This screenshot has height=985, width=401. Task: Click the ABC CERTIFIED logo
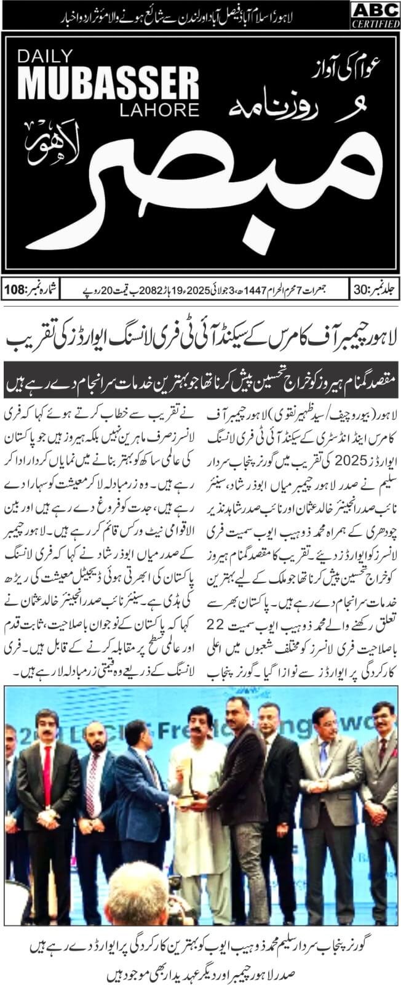click(x=375, y=14)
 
